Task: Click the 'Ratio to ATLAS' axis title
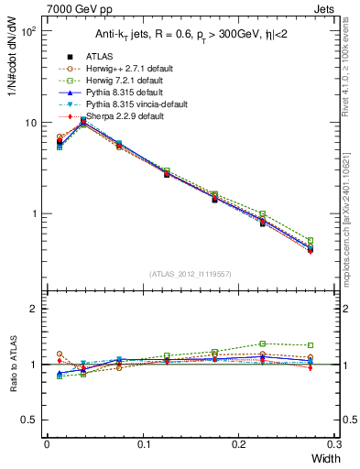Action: click(12, 364)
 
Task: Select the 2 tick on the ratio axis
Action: click(34, 310)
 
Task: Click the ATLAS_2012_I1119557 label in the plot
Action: click(189, 274)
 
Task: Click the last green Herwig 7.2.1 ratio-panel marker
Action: click(310, 345)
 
